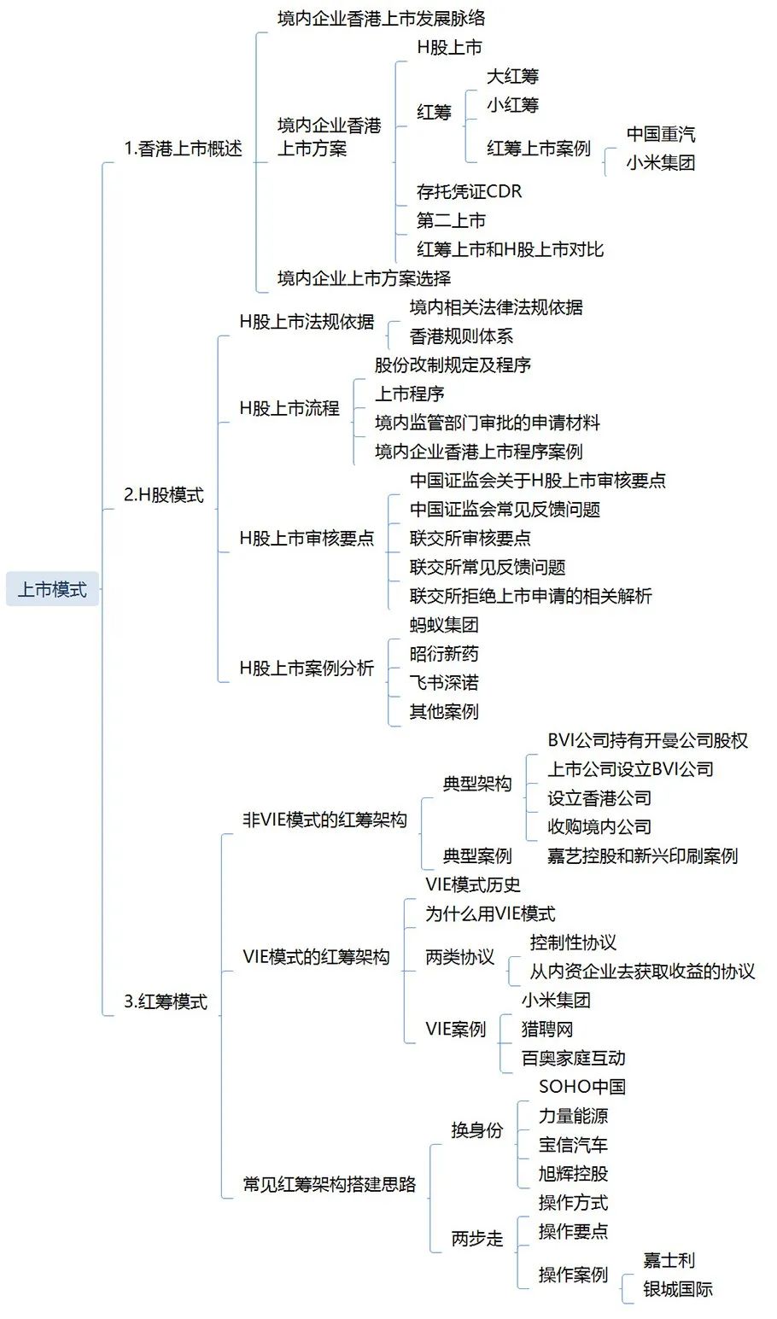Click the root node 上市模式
(x=52, y=589)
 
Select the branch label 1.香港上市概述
(x=184, y=149)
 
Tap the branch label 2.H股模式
(x=164, y=494)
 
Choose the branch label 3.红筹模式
(x=166, y=1001)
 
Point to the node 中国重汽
(x=660, y=134)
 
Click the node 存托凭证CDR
(x=469, y=192)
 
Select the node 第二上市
(x=451, y=221)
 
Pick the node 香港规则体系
(x=461, y=336)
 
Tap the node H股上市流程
(x=289, y=408)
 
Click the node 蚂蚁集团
(x=444, y=625)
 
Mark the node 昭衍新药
(x=444, y=654)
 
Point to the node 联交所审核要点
(x=470, y=538)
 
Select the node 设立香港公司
(x=599, y=798)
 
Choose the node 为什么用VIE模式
(x=490, y=913)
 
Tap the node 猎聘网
(x=547, y=1030)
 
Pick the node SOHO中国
(x=582, y=1087)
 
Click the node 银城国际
(x=677, y=1289)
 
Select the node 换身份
(x=477, y=1130)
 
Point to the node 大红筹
(x=512, y=77)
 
